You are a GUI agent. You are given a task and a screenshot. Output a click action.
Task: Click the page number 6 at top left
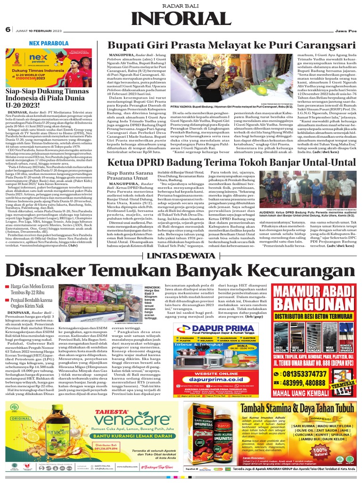click(8, 29)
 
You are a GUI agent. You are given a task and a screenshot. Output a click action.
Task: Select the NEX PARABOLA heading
click(48, 43)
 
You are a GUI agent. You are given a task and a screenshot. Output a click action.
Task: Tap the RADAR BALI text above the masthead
click(181, 5)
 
